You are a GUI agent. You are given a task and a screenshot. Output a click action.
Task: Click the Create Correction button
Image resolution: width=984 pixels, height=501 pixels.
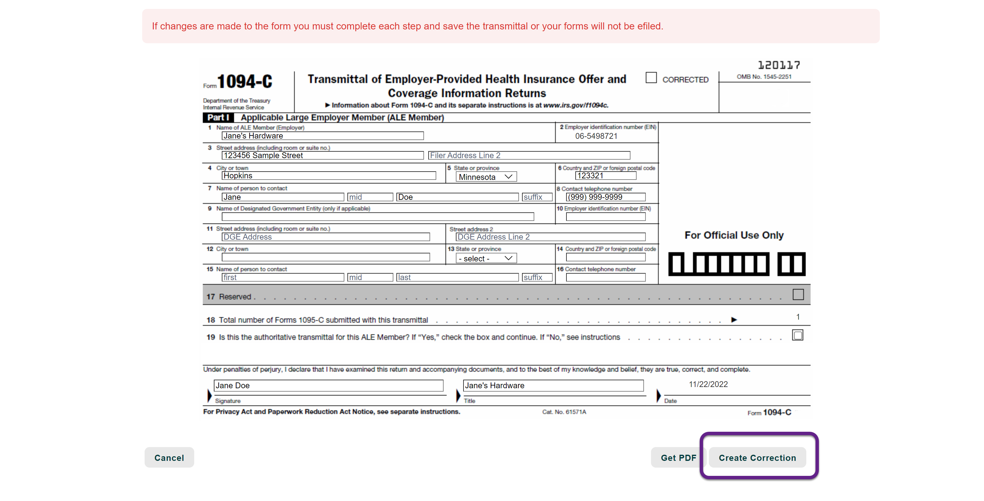[x=757, y=457]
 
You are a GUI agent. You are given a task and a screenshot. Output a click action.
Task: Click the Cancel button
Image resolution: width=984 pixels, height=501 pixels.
[x=169, y=457]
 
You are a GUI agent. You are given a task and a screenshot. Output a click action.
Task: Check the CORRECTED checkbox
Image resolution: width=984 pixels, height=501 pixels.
[x=651, y=78]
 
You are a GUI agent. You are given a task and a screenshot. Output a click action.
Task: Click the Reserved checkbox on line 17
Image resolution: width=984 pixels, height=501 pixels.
[x=798, y=295]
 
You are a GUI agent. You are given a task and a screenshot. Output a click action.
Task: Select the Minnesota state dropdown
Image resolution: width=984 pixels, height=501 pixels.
[x=486, y=177]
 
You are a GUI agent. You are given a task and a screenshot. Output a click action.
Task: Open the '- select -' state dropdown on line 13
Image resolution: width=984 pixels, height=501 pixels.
[x=486, y=258]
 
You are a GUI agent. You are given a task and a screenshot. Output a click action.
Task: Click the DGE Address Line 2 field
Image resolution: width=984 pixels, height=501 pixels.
[x=550, y=237]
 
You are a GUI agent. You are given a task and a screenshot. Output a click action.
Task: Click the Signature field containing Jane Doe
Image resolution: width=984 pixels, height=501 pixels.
[x=328, y=385]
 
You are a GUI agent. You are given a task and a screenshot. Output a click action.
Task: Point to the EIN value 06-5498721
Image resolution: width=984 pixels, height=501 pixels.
[x=596, y=136]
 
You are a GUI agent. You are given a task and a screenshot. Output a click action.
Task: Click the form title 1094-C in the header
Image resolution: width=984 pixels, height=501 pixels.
[x=244, y=82]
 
